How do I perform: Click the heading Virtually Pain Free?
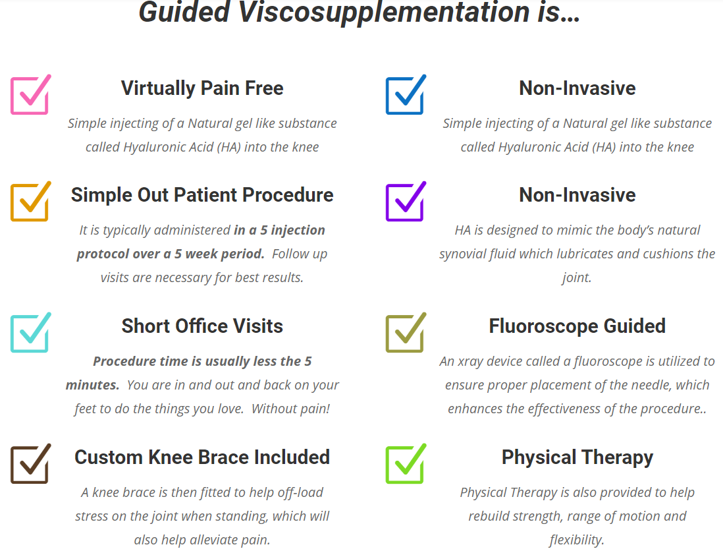pos(202,88)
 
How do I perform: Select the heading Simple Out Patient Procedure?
pos(202,194)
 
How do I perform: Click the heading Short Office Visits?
pos(202,326)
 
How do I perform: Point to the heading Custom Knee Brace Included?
pos(202,457)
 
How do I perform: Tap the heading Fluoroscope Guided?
pos(577,326)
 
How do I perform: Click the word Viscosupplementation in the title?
pos(384,13)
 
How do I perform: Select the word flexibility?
pos(577,540)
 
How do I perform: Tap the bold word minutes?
pos(92,385)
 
